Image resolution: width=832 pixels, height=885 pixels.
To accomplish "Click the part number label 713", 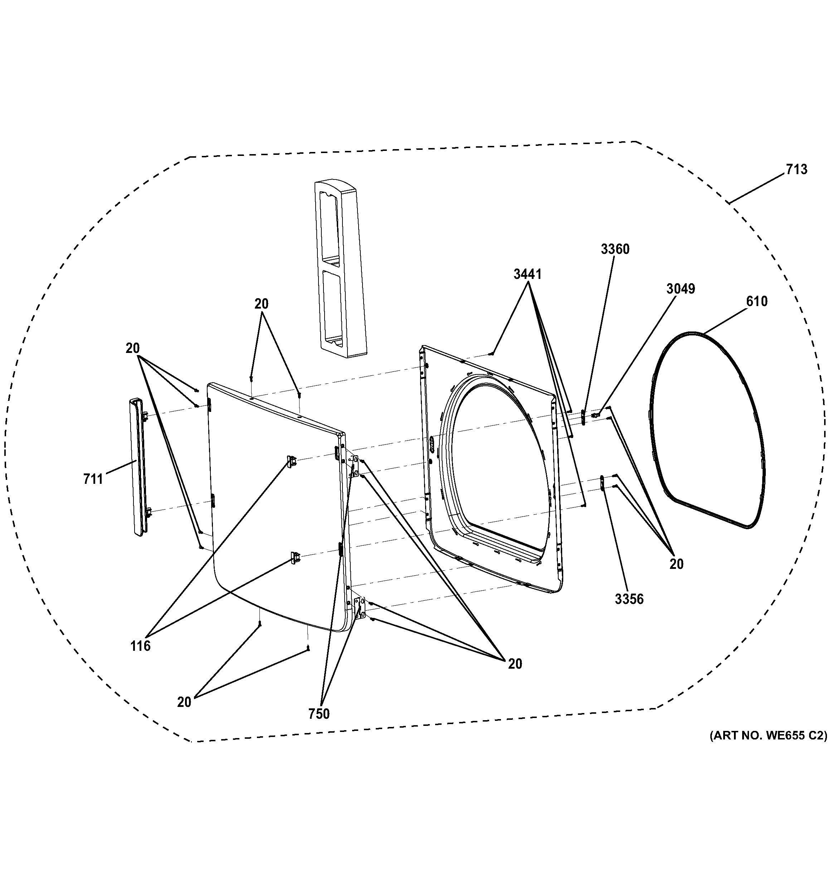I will (796, 169).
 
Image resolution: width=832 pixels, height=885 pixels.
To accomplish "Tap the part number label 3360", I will (615, 249).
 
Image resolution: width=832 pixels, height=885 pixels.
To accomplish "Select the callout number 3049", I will (681, 289).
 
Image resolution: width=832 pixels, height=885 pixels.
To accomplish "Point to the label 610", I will (757, 301).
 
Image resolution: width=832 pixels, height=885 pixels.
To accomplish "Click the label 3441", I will (527, 274).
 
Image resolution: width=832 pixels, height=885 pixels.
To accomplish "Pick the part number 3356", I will (629, 599).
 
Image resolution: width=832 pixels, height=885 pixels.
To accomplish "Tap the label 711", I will (93, 479).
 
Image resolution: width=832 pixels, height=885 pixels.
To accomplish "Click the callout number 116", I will (140, 646).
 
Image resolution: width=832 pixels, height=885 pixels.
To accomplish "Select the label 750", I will (319, 714).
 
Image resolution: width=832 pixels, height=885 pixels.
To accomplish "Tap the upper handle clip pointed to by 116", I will (292, 462).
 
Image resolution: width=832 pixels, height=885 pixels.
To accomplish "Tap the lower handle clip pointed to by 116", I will (295, 557).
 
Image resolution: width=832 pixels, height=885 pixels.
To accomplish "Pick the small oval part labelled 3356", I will (602, 483).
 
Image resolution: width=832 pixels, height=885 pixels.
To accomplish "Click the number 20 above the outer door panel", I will (262, 304).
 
